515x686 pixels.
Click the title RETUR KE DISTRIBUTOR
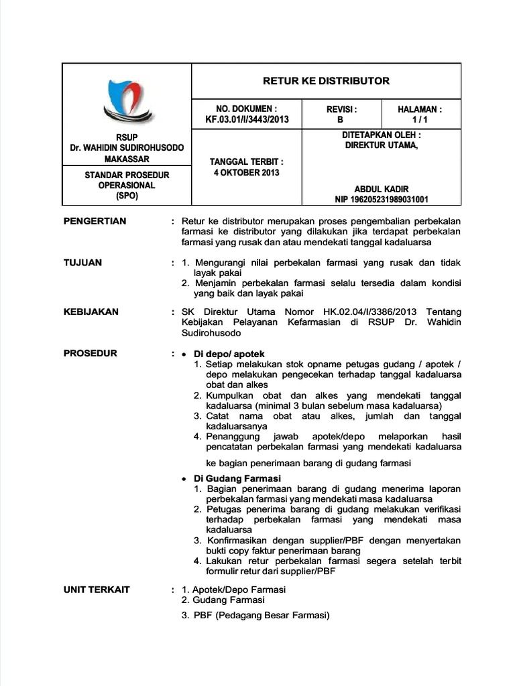click(x=326, y=81)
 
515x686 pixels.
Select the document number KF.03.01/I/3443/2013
click(x=247, y=120)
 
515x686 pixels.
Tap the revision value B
click(x=340, y=120)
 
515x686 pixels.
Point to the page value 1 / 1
click(x=420, y=120)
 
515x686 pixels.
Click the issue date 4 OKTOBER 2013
click(x=246, y=172)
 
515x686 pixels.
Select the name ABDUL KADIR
click(x=382, y=189)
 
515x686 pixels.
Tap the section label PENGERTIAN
click(x=95, y=221)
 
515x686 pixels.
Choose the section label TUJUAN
click(x=82, y=263)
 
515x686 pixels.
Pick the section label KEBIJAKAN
click(x=91, y=312)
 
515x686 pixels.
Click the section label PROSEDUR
click(x=90, y=353)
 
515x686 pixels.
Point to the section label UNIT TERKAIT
click(x=97, y=590)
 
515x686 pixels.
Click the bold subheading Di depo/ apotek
click(x=229, y=354)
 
